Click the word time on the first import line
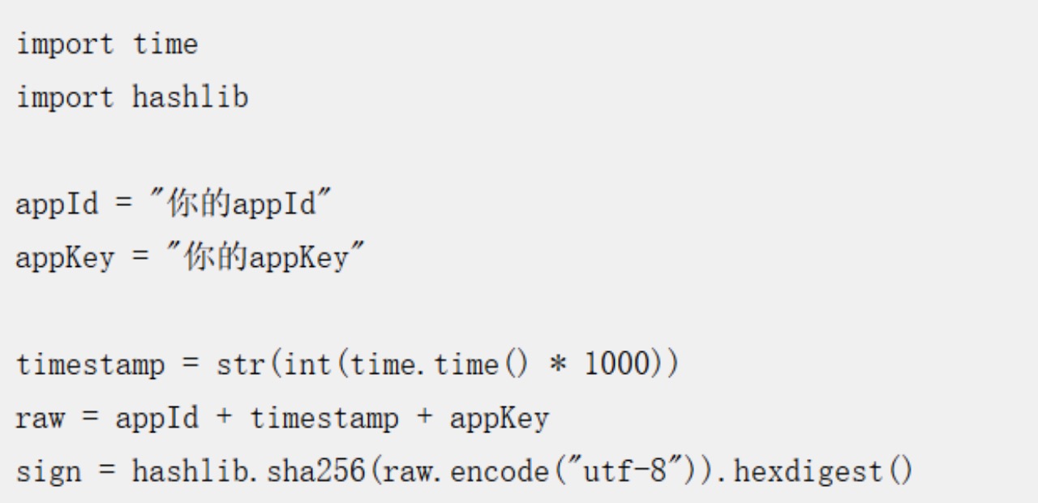click(165, 45)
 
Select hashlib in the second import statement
click(191, 98)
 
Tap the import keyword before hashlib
click(66, 98)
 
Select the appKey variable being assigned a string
click(66, 258)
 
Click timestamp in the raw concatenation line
click(324, 419)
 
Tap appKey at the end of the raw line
click(499, 419)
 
